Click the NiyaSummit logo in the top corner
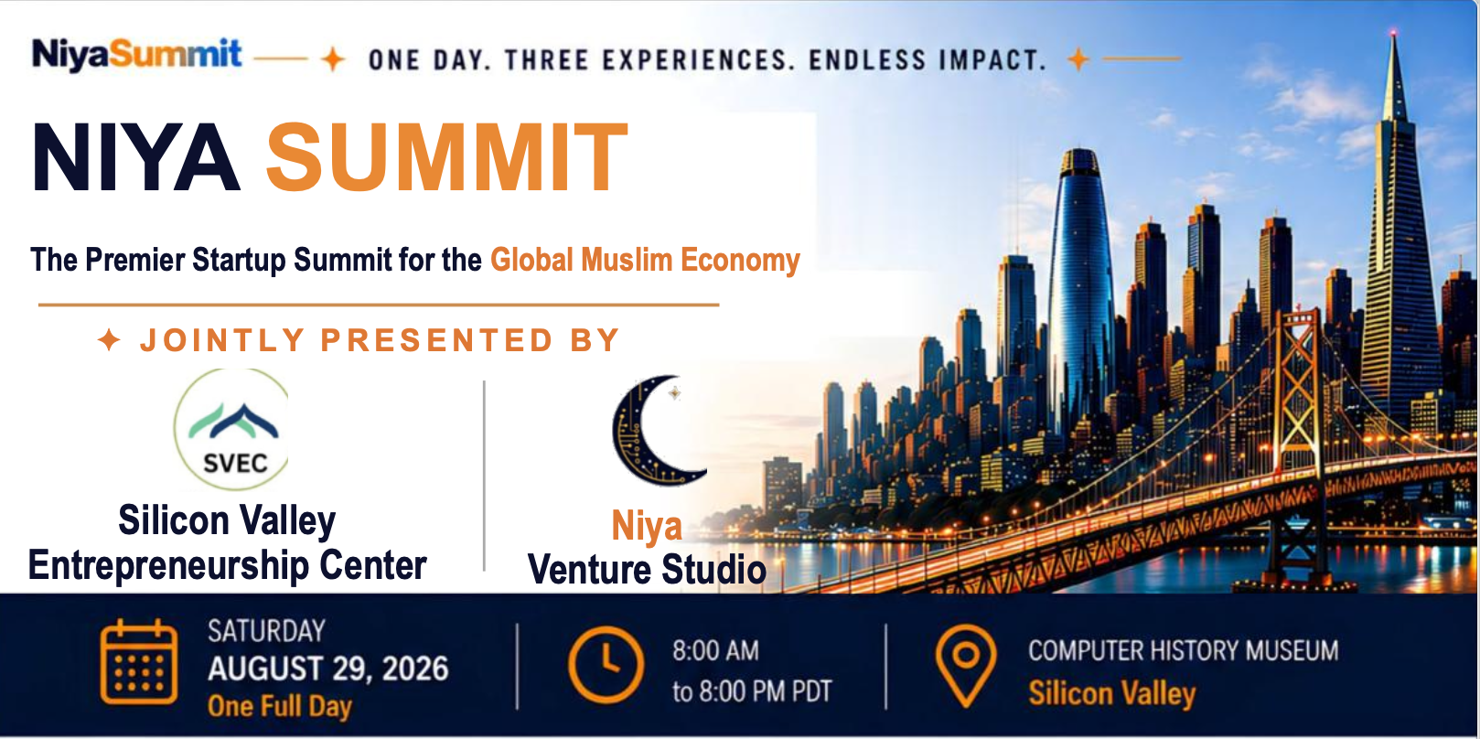(137, 54)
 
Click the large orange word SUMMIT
(446, 157)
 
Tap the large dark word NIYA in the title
(135, 157)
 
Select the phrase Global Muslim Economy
(645, 260)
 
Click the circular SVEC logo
(232, 429)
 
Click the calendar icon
(139, 662)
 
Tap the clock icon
(606, 664)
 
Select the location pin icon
(966, 666)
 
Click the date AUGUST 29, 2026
(328, 669)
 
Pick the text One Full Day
(280, 706)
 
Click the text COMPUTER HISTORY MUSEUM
(1184, 650)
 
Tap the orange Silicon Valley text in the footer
(1112, 693)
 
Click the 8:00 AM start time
(715, 650)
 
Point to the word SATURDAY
(266, 631)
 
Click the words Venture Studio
(647, 569)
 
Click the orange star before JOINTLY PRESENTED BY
(109, 340)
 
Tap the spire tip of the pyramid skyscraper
(1393, 31)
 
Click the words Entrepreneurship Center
(227, 565)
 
